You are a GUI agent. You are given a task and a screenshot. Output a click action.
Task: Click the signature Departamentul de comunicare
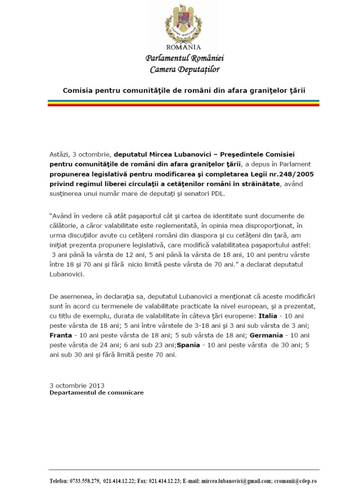click(96, 393)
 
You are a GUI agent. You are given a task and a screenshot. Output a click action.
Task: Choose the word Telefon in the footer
click(58, 481)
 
